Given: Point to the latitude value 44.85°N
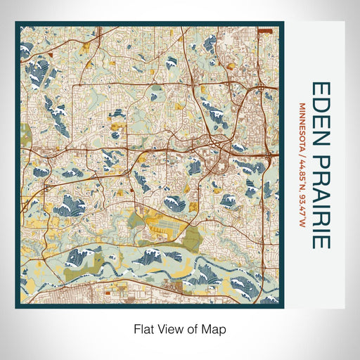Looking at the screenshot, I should pyautogui.click(x=302, y=169).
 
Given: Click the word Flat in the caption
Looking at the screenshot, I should pyautogui.click(x=145, y=328).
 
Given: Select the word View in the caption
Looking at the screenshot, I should pyautogui.click(x=172, y=328).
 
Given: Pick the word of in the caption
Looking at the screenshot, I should pyautogui.click(x=194, y=328).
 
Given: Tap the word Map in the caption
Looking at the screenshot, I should pyautogui.click(x=215, y=328).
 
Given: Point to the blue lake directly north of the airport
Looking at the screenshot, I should pyautogui.click(x=174, y=204).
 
